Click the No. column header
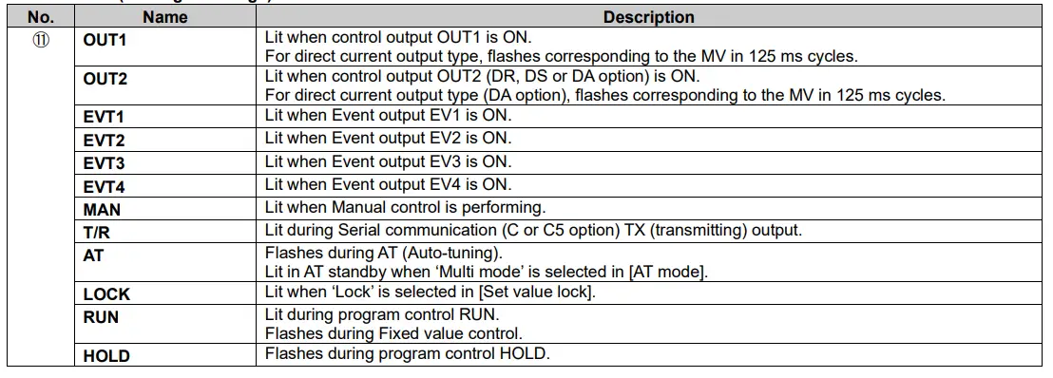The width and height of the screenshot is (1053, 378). coord(40,17)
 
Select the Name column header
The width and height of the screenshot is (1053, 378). coord(165,17)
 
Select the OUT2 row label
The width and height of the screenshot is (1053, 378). coord(105,79)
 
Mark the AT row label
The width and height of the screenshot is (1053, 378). coord(93,255)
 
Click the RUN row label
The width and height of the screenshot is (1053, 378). coord(101,317)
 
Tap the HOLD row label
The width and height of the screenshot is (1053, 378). coord(106,356)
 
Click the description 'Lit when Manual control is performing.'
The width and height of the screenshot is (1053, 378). coord(405,207)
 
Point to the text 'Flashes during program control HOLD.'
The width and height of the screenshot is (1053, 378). coord(408,354)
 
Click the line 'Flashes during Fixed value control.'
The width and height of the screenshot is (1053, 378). coord(394,333)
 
